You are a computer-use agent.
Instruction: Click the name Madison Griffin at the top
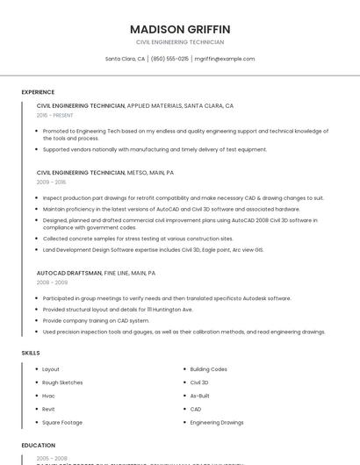(x=180, y=29)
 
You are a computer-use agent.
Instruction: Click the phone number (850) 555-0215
(x=169, y=59)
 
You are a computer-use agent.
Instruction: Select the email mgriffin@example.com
(x=225, y=59)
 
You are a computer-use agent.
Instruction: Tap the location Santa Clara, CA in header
(x=126, y=59)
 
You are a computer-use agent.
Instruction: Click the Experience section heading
(x=38, y=92)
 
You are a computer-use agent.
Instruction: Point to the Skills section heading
(x=31, y=353)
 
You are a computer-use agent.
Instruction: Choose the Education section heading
(x=39, y=445)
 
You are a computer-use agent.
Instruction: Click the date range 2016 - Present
(x=54, y=115)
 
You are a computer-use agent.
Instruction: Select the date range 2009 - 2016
(x=51, y=182)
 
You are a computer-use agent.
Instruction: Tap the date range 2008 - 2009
(x=51, y=283)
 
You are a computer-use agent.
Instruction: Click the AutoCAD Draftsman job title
(x=69, y=273)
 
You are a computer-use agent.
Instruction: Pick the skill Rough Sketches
(x=62, y=383)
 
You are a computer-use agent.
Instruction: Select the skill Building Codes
(x=208, y=369)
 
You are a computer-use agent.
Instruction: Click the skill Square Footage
(x=62, y=422)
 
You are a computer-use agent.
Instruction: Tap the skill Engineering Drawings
(x=217, y=422)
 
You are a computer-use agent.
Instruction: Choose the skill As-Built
(x=200, y=396)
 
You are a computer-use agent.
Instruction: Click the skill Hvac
(x=49, y=396)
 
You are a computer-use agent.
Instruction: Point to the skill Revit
(x=49, y=409)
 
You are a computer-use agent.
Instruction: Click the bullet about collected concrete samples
(x=138, y=239)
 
